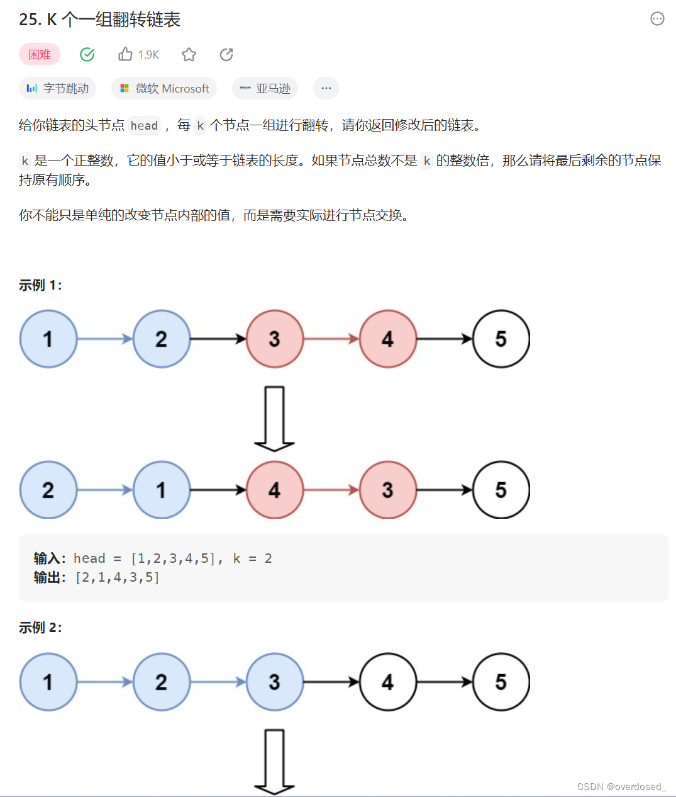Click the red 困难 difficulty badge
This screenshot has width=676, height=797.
[40, 55]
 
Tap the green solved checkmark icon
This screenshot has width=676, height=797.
[87, 55]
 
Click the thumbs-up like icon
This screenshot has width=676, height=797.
[125, 55]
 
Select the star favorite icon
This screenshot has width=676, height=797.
[189, 55]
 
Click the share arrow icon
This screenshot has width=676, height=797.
[226, 55]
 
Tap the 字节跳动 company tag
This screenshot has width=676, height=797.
[58, 89]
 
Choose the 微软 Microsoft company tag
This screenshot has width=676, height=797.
[164, 89]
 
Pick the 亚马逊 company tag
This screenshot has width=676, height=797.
[265, 89]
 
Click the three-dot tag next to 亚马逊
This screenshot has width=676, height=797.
[326, 89]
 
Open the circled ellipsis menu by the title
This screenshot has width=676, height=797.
[657, 19]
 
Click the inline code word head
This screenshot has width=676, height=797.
[144, 126]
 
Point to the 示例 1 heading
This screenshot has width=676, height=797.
[40, 285]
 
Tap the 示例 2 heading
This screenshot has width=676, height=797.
[40, 628]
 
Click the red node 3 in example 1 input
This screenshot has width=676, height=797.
[275, 339]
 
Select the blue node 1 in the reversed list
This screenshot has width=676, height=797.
[162, 490]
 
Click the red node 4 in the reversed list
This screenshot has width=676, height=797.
[275, 490]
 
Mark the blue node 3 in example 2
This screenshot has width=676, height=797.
[275, 682]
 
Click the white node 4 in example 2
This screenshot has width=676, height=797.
[388, 682]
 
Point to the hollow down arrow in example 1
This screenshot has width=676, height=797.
[275, 419]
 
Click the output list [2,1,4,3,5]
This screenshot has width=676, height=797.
[118, 577]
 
